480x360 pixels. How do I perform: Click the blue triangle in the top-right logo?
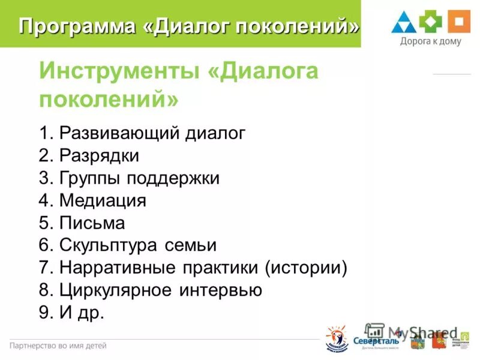point(404,22)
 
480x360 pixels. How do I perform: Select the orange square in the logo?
point(457,22)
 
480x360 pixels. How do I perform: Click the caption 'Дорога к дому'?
point(430,42)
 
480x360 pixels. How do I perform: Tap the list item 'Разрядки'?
point(99,156)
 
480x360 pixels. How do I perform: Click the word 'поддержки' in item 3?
point(180,178)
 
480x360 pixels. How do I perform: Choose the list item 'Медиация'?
point(103,200)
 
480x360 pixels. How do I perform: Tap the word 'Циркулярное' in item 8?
point(116,290)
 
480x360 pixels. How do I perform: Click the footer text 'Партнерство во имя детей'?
point(58,346)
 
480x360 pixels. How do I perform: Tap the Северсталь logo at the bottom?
point(376,339)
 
